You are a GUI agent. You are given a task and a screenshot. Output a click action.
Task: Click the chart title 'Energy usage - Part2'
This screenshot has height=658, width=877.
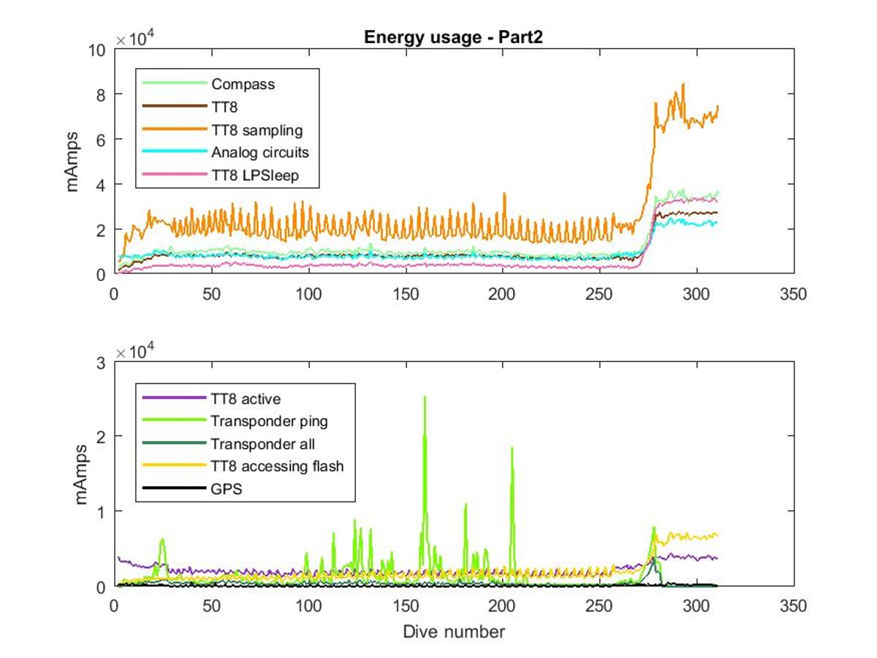pyautogui.click(x=453, y=37)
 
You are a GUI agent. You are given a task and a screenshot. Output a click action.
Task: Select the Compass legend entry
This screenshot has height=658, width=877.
pyautogui.click(x=243, y=84)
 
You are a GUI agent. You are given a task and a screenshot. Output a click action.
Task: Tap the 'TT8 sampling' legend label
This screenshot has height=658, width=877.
pyautogui.click(x=257, y=130)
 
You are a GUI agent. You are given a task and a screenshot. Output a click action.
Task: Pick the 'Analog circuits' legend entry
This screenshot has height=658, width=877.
pyautogui.click(x=259, y=152)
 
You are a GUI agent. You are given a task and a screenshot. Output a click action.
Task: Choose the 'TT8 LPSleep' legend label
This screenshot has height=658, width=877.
pyautogui.click(x=255, y=175)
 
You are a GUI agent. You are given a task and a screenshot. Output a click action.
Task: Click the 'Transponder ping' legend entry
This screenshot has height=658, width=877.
pyautogui.click(x=269, y=421)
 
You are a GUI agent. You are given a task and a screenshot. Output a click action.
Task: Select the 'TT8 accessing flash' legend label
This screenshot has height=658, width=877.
pyautogui.click(x=277, y=466)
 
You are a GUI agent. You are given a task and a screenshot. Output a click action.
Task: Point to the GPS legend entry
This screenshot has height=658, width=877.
pyautogui.click(x=226, y=489)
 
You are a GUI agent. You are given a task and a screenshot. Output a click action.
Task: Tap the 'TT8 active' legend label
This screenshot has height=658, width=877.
pyautogui.click(x=246, y=398)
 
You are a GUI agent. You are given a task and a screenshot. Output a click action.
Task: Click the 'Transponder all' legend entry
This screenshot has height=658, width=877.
pyautogui.click(x=262, y=444)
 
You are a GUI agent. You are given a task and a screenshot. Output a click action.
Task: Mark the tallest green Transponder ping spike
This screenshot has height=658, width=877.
pyautogui.click(x=425, y=397)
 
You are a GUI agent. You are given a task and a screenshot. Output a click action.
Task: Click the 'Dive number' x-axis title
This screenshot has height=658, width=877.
pyautogui.click(x=454, y=632)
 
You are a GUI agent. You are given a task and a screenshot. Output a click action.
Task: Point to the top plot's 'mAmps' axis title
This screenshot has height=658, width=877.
pyautogui.click(x=72, y=162)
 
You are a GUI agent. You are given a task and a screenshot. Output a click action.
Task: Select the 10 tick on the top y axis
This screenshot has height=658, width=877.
pyautogui.click(x=96, y=50)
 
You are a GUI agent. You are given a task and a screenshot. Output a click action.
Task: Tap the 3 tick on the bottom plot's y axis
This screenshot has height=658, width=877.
pyautogui.click(x=101, y=363)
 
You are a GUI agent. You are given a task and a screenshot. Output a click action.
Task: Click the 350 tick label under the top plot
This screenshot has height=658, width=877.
pyautogui.click(x=794, y=295)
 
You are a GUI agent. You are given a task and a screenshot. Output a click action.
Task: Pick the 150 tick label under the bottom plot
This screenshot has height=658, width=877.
pyautogui.click(x=406, y=606)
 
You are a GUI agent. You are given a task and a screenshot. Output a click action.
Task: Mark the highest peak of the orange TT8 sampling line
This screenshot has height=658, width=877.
pyautogui.click(x=683, y=84)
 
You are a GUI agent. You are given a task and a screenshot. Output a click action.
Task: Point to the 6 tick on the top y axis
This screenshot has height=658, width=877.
pyautogui.click(x=101, y=140)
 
